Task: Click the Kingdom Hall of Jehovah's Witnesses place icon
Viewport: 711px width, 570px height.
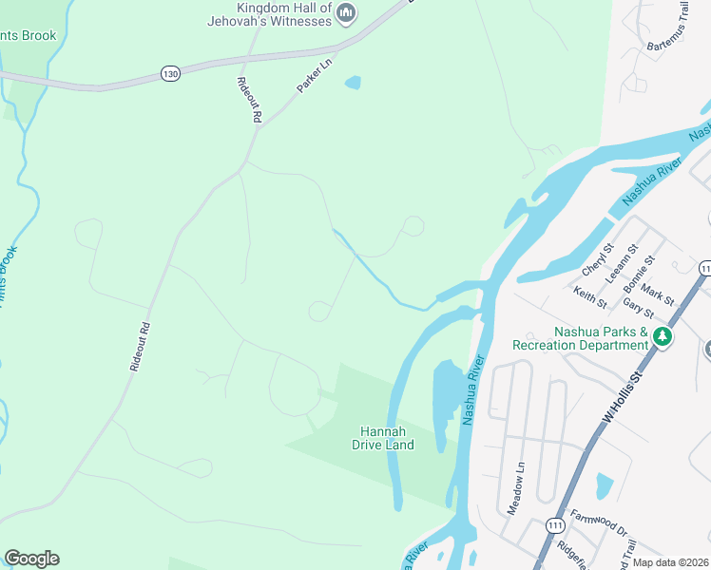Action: [x=346, y=12]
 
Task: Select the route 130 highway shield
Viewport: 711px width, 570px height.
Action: [x=170, y=73]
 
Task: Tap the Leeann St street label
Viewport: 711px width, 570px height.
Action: [x=627, y=261]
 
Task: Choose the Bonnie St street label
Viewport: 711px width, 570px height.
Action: [x=640, y=274]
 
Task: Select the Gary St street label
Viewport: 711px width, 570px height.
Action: [x=638, y=308]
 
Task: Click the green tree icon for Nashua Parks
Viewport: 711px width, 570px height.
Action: [x=663, y=337]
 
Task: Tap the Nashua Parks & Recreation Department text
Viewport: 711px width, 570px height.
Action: [x=580, y=339]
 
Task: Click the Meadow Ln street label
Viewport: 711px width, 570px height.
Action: [x=515, y=488]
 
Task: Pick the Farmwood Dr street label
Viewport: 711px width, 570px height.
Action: [x=599, y=522]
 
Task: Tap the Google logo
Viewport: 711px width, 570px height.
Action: [x=31, y=559]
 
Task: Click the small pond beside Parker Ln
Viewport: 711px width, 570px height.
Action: [x=353, y=83]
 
